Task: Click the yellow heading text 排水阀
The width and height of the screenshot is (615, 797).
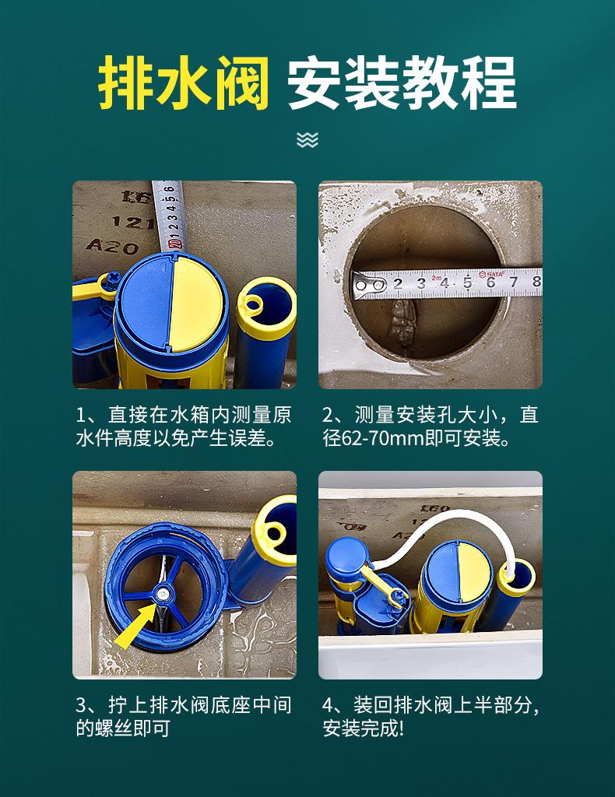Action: [x=184, y=83]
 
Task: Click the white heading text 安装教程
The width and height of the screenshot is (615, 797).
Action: [x=402, y=83]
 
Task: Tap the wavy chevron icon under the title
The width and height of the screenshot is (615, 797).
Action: [x=307, y=140]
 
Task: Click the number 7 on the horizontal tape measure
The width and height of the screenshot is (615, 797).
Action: [x=514, y=282]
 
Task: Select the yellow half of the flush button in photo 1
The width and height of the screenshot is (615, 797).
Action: [x=195, y=304]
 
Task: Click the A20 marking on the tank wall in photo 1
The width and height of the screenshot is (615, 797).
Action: [x=112, y=247]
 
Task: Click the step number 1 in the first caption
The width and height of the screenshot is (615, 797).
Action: [x=80, y=416]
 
